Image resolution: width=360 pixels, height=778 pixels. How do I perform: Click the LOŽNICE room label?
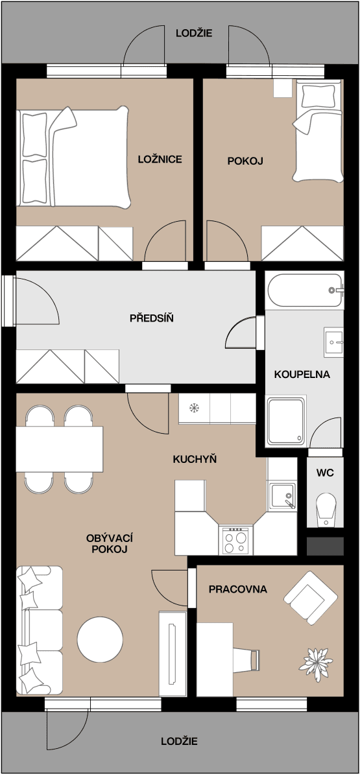(x=160, y=159)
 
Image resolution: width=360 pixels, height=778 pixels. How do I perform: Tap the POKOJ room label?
(x=245, y=161)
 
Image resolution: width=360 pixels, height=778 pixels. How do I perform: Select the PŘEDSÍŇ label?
(x=151, y=318)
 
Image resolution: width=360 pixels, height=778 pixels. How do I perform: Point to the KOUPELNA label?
(x=302, y=374)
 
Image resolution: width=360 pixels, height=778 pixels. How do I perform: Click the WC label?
(x=325, y=473)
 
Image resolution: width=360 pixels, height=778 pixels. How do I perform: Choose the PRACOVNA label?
(x=237, y=589)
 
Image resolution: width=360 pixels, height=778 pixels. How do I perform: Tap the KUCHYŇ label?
(x=195, y=459)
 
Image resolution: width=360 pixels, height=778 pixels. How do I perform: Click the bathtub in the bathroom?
(x=304, y=291)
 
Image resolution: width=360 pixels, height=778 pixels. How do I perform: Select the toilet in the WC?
(x=325, y=508)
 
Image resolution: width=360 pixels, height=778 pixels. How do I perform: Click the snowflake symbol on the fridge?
(x=193, y=408)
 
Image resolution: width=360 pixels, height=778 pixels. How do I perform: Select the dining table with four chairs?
(x=59, y=449)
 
